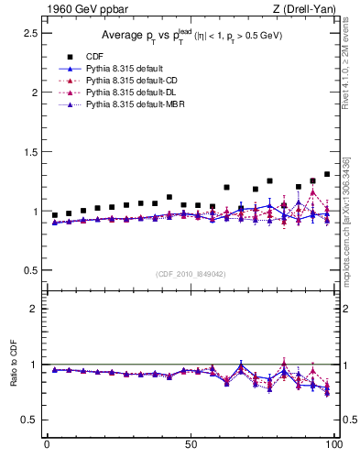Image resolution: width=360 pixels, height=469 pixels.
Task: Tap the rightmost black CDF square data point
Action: (x=327, y=174)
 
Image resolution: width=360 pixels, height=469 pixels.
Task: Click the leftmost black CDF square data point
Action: (x=55, y=215)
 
